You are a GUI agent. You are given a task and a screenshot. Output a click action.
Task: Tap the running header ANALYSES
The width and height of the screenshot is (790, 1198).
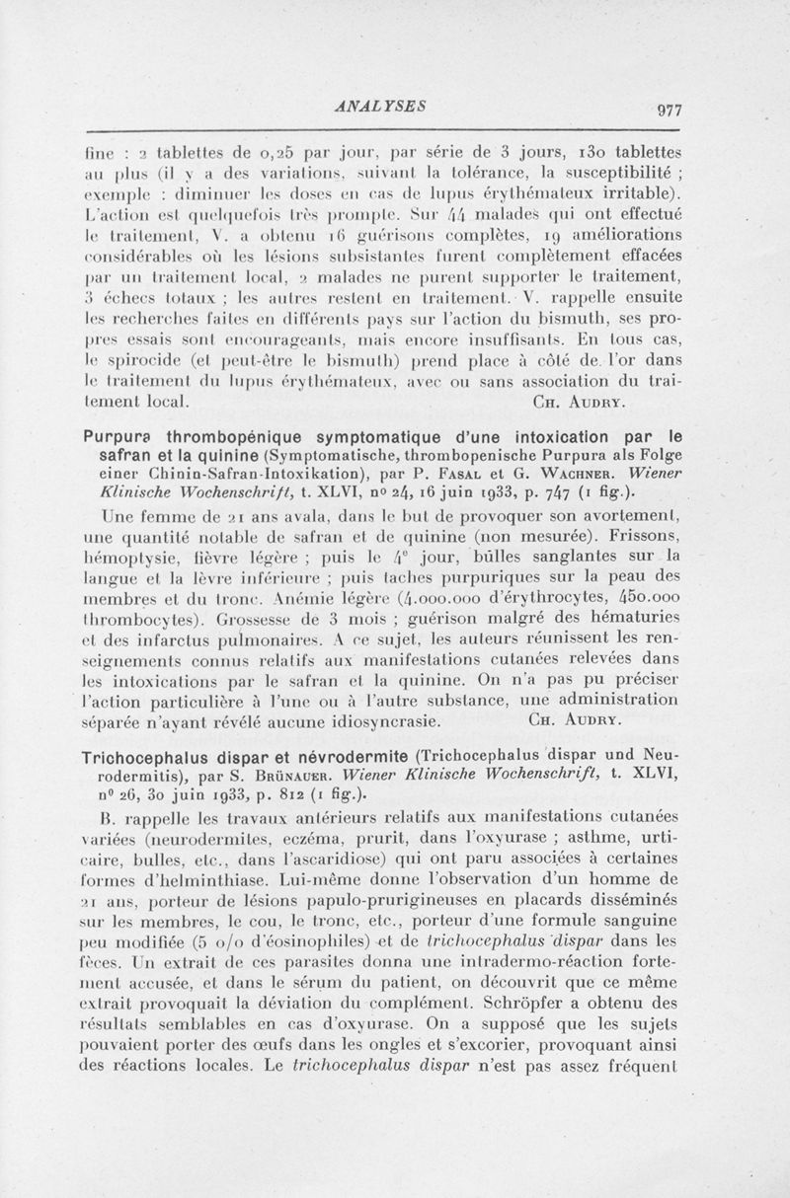click(380, 102)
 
